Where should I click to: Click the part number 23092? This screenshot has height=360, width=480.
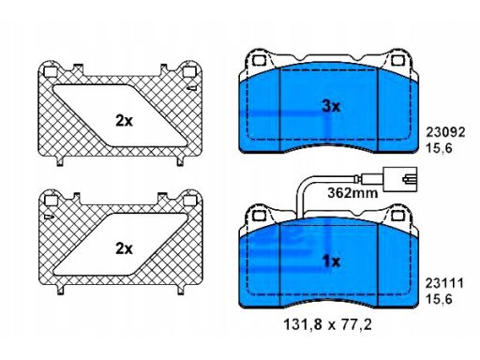tap(445, 132)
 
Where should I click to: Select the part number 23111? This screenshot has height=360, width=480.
tap(444, 284)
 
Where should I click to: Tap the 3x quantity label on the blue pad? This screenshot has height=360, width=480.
tap(331, 107)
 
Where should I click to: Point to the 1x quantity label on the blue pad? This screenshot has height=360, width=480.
tap(331, 262)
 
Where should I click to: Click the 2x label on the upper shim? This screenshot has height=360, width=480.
tap(124, 121)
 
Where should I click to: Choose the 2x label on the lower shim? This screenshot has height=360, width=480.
tap(124, 248)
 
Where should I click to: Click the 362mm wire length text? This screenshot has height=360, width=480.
tap(352, 193)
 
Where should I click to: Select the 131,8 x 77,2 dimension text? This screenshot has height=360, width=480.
tap(328, 325)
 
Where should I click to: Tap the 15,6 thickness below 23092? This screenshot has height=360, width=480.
tap(440, 148)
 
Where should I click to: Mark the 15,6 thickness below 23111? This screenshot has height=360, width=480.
tap(439, 299)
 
